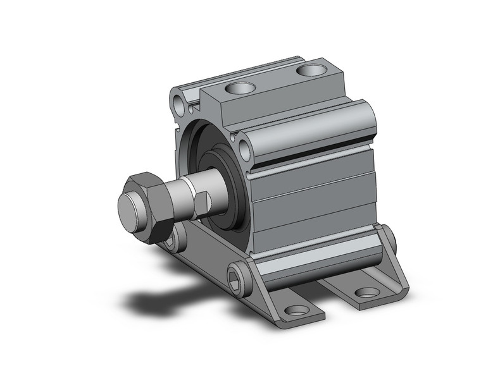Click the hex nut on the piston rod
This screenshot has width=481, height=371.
coord(152,201)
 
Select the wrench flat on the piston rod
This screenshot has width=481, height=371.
coord(201,202)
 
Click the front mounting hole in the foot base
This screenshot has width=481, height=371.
coord(295,310)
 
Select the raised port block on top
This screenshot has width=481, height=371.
coord(272,88)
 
